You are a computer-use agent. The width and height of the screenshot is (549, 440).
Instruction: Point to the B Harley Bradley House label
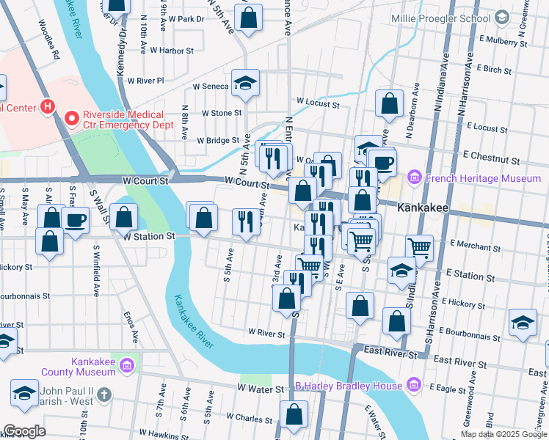tap(349, 386)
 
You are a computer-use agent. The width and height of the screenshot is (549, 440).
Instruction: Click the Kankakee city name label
tap(423, 208)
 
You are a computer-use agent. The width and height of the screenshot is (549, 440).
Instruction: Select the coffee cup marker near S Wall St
tap(76, 220)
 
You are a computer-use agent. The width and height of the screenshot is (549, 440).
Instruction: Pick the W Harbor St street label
tap(171, 51)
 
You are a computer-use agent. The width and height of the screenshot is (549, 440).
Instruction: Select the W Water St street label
tap(260, 388)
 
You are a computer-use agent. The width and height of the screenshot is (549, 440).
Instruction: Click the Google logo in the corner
tap(24, 431)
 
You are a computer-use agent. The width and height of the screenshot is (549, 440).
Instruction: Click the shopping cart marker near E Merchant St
tap(420, 248)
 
